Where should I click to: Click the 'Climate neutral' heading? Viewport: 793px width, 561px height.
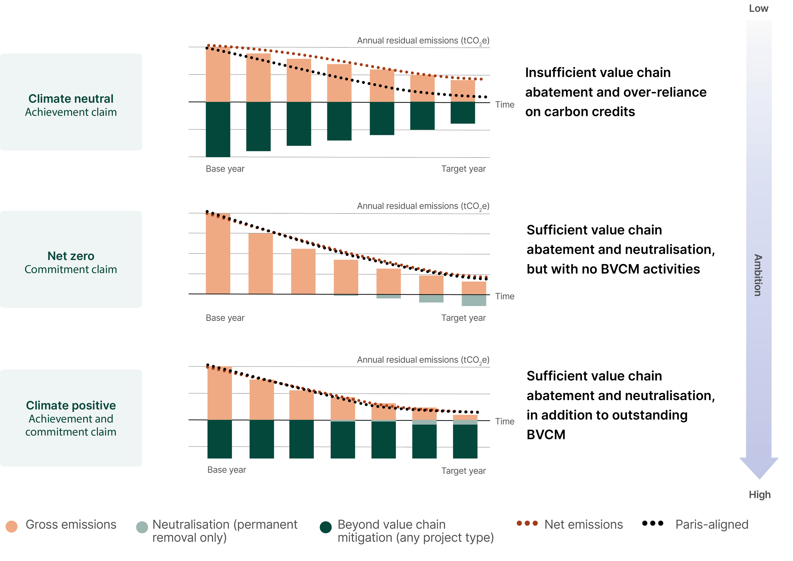(x=71, y=99)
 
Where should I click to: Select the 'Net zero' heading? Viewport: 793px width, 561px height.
(x=71, y=256)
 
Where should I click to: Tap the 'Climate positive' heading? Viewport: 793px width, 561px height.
(x=71, y=406)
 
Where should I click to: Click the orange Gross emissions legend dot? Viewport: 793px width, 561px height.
(x=12, y=526)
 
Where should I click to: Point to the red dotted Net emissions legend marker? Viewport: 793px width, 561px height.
(x=527, y=523)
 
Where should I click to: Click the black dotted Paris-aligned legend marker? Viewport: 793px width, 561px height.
(x=652, y=523)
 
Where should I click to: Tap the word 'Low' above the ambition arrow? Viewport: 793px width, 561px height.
(x=759, y=9)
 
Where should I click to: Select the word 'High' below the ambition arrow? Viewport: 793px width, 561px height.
(x=760, y=495)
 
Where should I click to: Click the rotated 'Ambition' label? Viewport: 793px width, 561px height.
(x=758, y=275)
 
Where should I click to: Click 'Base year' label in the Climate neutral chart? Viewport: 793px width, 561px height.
(x=225, y=169)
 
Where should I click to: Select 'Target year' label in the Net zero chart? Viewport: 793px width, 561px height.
(x=463, y=318)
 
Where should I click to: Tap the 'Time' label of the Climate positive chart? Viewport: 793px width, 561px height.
(x=505, y=421)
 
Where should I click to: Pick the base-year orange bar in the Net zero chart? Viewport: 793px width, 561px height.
(x=218, y=254)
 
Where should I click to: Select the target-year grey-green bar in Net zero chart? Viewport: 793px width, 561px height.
(x=474, y=300)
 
